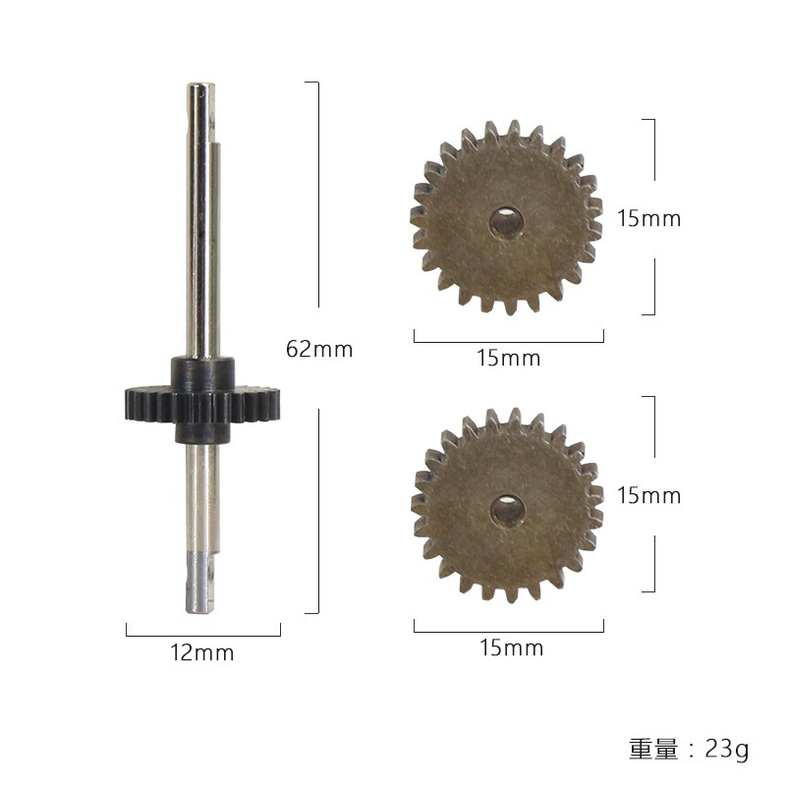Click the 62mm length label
tap(318, 349)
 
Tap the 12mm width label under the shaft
tap(202, 652)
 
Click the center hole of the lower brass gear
tap(507, 509)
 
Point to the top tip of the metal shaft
tap(198, 88)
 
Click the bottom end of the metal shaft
tap(199, 606)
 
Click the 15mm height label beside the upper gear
tap(648, 218)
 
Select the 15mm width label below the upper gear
tap(509, 359)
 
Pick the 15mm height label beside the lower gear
tap(648, 495)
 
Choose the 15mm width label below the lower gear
tap(509, 647)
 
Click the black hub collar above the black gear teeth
tap(202, 371)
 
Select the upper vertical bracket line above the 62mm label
tap(318, 196)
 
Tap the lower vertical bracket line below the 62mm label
tap(318, 511)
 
